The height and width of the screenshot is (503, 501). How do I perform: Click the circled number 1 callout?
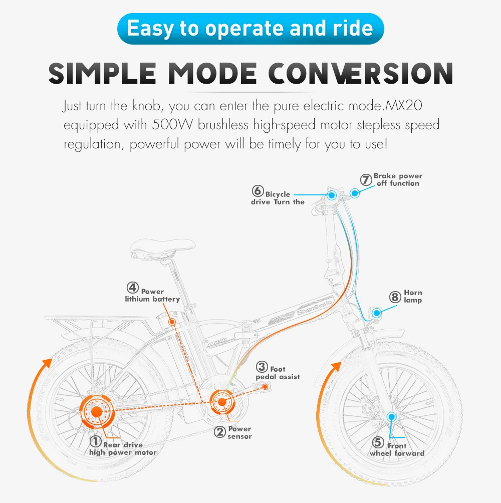point(96,441)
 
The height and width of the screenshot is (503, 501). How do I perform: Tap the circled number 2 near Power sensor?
point(219,431)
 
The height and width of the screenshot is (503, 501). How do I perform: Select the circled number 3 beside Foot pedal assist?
point(262,368)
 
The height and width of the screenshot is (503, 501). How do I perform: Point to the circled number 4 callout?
point(132,288)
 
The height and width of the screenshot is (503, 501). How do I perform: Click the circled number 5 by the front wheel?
point(378,442)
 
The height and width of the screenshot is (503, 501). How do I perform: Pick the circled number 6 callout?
point(258,191)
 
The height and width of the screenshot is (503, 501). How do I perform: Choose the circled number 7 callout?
point(366,179)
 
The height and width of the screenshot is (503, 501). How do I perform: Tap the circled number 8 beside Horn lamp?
point(395,297)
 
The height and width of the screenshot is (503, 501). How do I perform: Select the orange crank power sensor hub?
point(220,401)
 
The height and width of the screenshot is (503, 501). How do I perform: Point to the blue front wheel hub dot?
point(391,416)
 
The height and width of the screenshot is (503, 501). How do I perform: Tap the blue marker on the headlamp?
point(376,313)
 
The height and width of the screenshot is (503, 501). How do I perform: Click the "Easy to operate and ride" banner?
point(250,29)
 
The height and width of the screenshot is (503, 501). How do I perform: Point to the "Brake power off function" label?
point(398,179)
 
